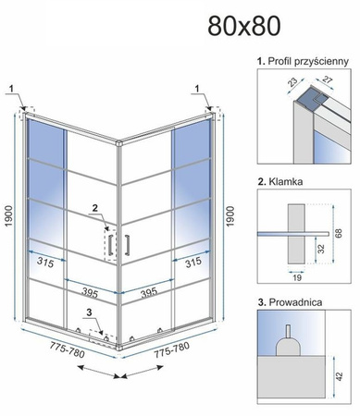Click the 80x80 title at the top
pyautogui.click(x=244, y=26)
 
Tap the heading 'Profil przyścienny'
pyautogui.click(x=308, y=61)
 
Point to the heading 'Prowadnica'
pyautogui.click(x=295, y=302)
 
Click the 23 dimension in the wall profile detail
pyautogui.click(x=292, y=82)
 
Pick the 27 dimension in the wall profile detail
pyautogui.click(x=327, y=80)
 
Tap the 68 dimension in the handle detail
pyautogui.click(x=339, y=233)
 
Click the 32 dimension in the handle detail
pyautogui.click(x=321, y=249)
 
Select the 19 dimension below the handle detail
pyautogui.click(x=297, y=277)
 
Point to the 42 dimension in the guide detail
pyautogui.click(x=339, y=376)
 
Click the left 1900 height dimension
pyautogui.click(x=8, y=215)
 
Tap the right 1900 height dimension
pyautogui.click(x=230, y=216)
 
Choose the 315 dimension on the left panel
pyautogui.click(x=45, y=262)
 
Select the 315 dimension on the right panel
pyautogui.click(x=193, y=262)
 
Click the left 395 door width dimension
pyautogui.click(x=90, y=292)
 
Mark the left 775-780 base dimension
pyautogui.click(x=67, y=350)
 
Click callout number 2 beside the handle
pyautogui.click(x=95, y=208)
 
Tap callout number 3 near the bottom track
pyautogui.click(x=89, y=313)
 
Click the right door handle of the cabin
pyautogui.click(x=127, y=245)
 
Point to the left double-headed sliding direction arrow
pyautogui.click(x=98, y=372)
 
